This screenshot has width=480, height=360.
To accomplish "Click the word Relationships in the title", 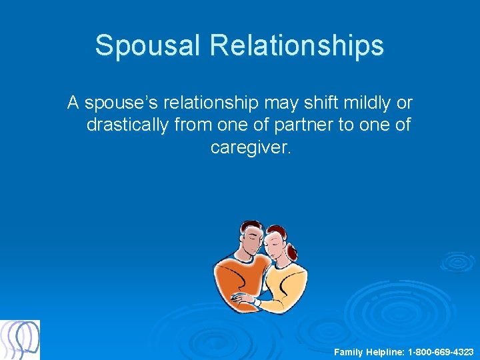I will pyautogui.click(x=297, y=45).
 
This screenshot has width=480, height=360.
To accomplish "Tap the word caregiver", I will pyautogui.click(x=251, y=147).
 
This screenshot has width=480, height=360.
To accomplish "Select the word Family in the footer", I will pyautogui.click(x=349, y=351).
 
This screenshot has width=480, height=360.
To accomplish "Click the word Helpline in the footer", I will pyautogui.click(x=385, y=351).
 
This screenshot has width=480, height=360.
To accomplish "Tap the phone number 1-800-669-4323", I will pyautogui.click(x=441, y=351).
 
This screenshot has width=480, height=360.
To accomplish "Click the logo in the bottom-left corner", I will pyautogui.click(x=20, y=340).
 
